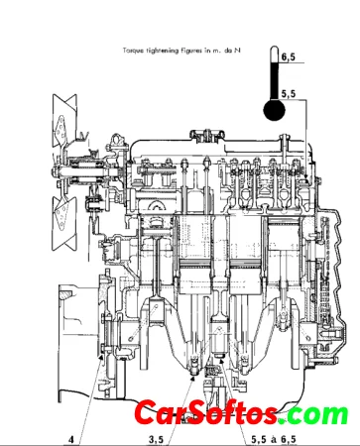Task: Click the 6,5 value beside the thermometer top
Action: tap(288, 57)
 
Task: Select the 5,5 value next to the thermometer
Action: tap(289, 94)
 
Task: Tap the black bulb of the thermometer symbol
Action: tap(274, 110)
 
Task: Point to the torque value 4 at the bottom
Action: tap(71, 440)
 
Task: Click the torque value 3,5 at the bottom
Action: tap(156, 440)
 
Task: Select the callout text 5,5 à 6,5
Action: tap(274, 440)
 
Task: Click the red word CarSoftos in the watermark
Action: tap(205, 412)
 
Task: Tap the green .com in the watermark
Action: tap(313, 413)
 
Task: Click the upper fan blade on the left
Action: tap(63, 122)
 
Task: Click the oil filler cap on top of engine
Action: tap(207, 136)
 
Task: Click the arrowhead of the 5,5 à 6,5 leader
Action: tap(221, 359)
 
